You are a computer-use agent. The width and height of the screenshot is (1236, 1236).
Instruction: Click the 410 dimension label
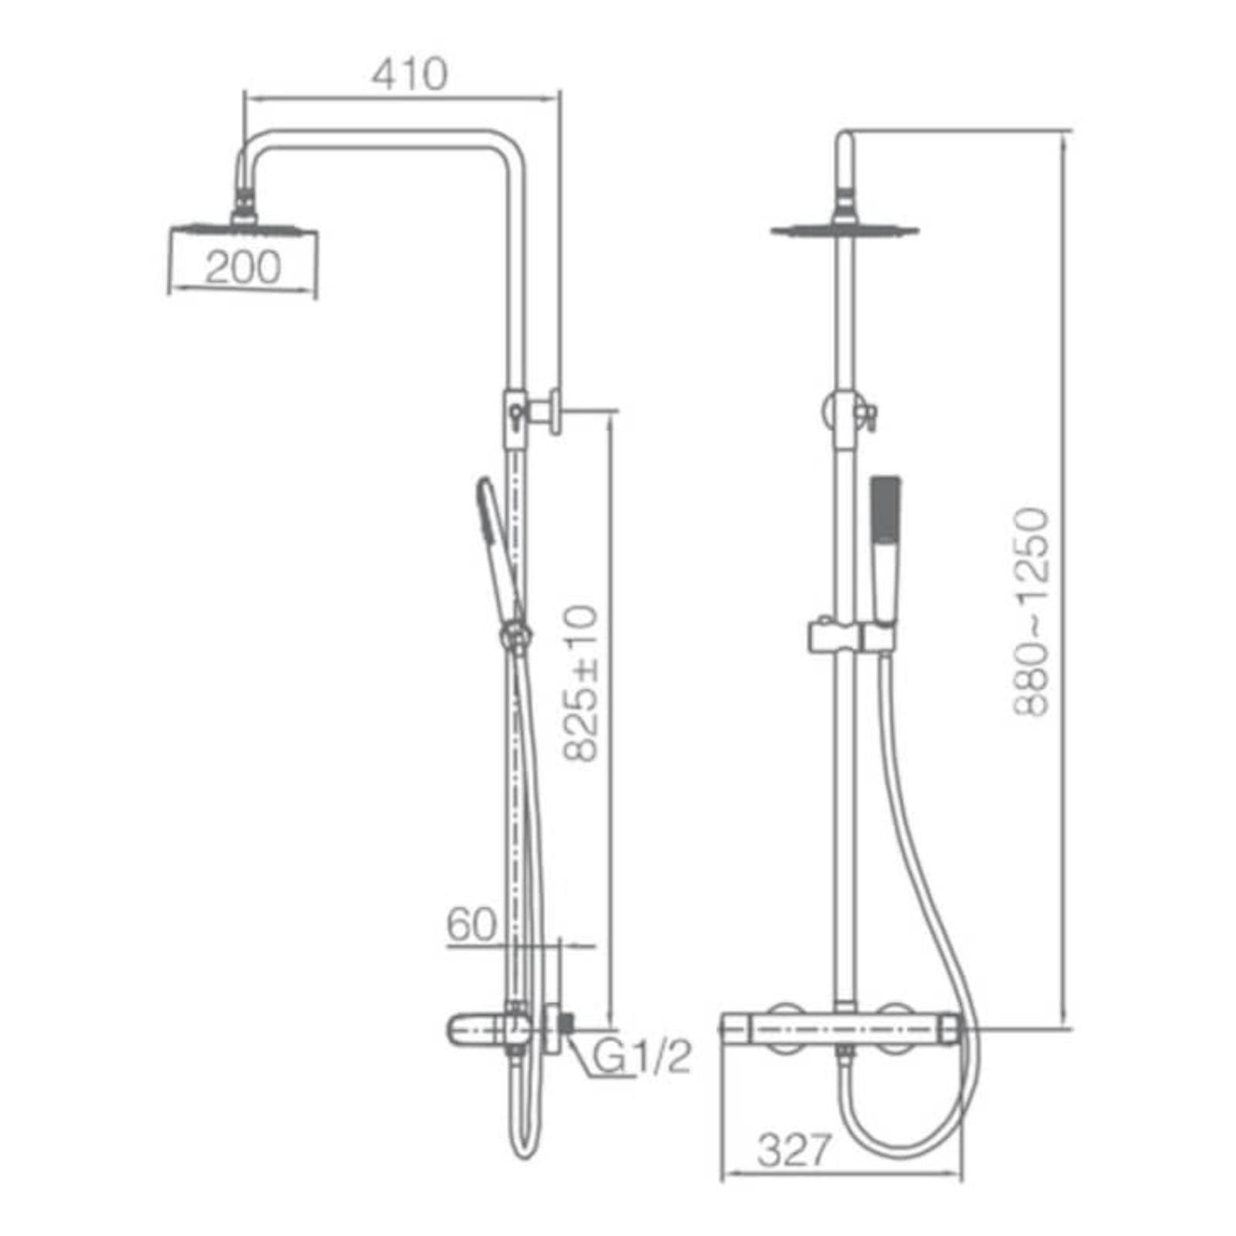click(409, 74)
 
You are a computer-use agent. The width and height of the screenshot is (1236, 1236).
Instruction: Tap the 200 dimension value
click(243, 267)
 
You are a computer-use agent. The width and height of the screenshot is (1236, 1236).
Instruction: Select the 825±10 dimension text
click(580, 684)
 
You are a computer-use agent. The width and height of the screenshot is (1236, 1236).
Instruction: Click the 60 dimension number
click(471, 925)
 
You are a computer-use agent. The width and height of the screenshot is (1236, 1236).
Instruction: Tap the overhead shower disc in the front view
click(845, 229)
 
